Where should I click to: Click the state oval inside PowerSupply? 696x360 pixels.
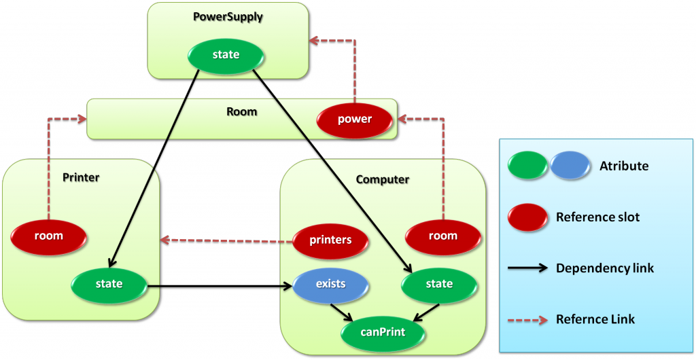tap(226, 55)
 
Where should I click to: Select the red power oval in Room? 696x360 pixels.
tap(355, 120)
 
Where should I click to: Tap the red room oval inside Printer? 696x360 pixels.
tap(48, 236)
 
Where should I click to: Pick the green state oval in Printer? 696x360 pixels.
tap(109, 284)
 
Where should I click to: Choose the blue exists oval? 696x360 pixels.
tap(330, 283)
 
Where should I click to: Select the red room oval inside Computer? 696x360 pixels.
tap(442, 236)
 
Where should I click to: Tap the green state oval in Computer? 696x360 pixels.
tap(439, 284)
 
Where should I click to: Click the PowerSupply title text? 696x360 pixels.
tap(228, 16)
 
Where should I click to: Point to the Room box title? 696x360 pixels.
tap(241, 111)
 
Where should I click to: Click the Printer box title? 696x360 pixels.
tap(81, 178)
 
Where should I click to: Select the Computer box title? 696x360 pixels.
tap(383, 180)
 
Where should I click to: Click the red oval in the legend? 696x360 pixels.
tap(528, 217)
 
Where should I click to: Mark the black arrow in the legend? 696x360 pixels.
tap(528, 268)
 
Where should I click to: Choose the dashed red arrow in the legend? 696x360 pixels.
tap(528, 319)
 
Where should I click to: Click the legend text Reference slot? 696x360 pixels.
tap(597, 217)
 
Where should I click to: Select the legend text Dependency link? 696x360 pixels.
tap(605, 268)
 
